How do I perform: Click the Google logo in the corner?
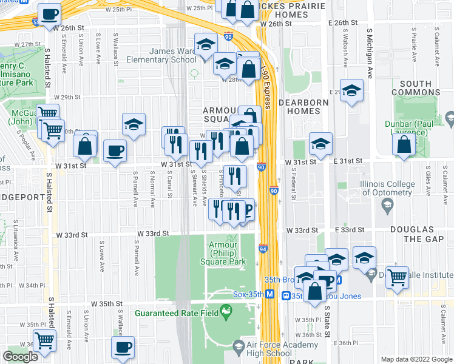[x=21, y=357]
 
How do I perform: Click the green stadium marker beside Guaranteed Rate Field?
[x=226, y=312]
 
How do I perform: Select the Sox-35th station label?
[x=248, y=295]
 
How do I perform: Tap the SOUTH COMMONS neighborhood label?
[x=415, y=88]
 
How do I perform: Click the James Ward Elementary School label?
[x=161, y=56]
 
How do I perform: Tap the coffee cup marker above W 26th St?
[x=50, y=13]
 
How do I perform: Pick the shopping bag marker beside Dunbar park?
[x=404, y=144]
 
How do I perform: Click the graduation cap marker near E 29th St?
[x=351, y=91]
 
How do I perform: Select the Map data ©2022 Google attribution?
[x=416, y=359]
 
